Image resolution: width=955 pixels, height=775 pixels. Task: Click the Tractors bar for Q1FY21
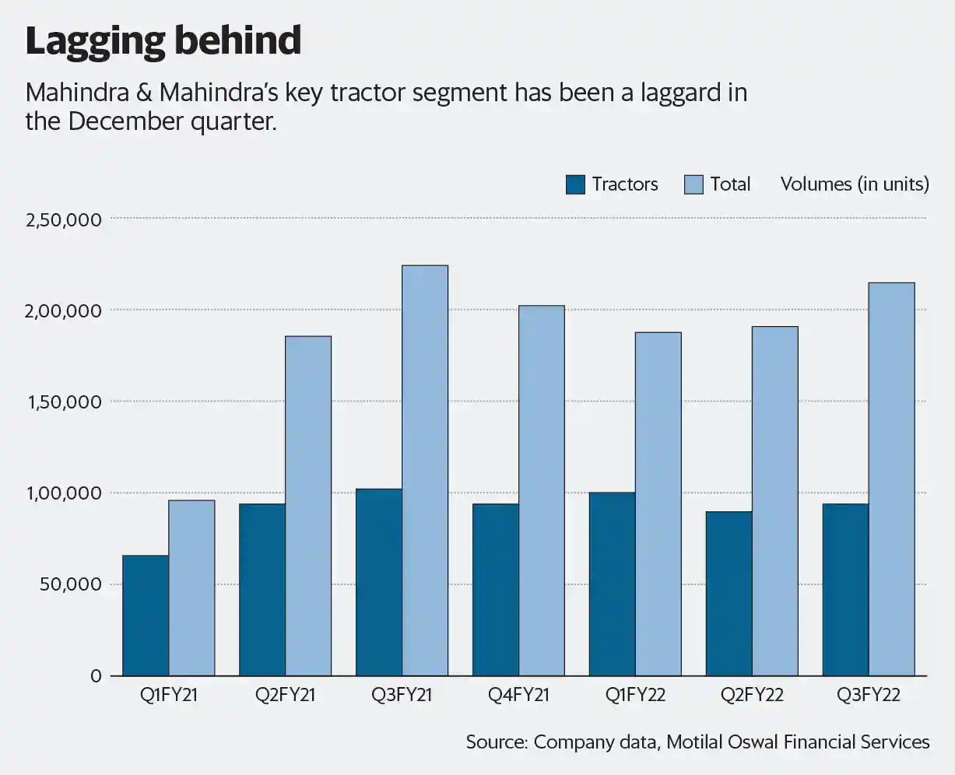click(x=146, y=615)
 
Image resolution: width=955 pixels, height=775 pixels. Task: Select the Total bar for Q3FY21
click(x=425, y=471)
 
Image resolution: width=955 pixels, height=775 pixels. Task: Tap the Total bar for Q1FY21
click(x=191, y=588)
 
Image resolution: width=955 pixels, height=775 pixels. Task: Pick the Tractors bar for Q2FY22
click(x=729, y=594)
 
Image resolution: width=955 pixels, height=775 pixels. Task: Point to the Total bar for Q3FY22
click(x=891, y=479)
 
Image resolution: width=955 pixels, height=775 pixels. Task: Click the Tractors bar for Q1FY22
click(x=612, y=584)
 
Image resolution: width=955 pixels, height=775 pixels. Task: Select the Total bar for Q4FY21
click(x=542, y=491)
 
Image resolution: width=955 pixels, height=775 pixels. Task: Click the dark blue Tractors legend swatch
click(x=575, y=184)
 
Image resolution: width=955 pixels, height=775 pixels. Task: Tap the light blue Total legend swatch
click(x=693, y=184)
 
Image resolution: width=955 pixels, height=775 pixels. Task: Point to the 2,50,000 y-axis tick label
click(x=64, y=219)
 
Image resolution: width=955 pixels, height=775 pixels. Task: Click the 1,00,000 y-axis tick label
click(x=64, y=493)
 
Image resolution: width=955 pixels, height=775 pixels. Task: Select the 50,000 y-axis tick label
click(x=70, y=584)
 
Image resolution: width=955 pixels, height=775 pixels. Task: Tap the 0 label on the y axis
click(x=96, y=676)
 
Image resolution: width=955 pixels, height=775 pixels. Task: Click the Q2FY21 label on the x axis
click(x=286, y=696)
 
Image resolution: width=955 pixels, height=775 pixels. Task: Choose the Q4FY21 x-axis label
click(x=518, y=696)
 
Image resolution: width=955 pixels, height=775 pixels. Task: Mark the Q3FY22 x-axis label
click(x=869, y=696)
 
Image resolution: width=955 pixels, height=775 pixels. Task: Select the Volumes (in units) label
click(x=855, y=184)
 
